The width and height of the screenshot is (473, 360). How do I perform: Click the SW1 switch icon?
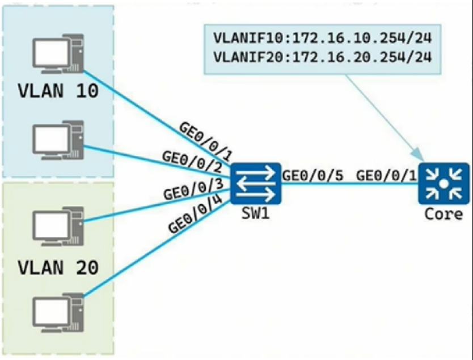click(256, 184)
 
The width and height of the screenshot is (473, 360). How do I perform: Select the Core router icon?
click(444, 184)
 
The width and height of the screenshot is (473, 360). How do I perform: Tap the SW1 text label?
click(256, 214)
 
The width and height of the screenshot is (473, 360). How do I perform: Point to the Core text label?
click(444, 214)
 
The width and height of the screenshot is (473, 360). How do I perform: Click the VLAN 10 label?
click(58, 91)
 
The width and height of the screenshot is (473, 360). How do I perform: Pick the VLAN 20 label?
click(58, 268)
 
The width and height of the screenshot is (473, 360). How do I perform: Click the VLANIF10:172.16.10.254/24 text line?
click(323, 38)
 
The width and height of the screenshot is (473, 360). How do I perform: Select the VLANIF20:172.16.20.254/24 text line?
click(323, 57)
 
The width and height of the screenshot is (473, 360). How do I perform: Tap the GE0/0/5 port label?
click(313, 175)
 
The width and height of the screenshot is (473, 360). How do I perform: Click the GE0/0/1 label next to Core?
click(387, 175)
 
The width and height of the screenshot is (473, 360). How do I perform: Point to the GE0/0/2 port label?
click(192, 162)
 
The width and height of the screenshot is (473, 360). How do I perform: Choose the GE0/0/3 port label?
click(193, 189)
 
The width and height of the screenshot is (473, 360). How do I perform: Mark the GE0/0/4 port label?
click(196, 214)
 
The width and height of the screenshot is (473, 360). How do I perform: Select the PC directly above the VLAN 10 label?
click(58, 54)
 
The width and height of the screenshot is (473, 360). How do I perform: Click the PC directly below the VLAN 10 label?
click(58, 140)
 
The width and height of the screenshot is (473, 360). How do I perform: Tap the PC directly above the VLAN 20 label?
click(58, 226)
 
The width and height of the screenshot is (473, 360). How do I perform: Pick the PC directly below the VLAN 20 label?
click(58, 313)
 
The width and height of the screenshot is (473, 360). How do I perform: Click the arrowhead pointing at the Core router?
click(419, 154)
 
